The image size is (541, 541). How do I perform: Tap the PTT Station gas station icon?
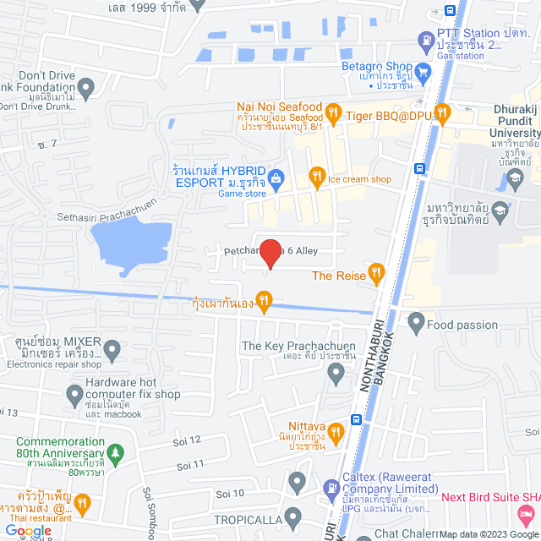(x=425, y=40)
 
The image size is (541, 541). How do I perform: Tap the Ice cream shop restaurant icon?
(x=317, y=176)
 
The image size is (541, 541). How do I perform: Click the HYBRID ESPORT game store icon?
(x=278, y=176)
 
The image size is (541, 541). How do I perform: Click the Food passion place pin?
(x=415, y=322)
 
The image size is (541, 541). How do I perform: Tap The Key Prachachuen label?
(x=287, y=346)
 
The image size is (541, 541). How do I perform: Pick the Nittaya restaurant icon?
(x=335, y=433)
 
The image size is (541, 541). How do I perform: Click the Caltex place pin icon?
(x=297, y=483)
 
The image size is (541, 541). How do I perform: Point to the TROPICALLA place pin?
(x=292, y=516)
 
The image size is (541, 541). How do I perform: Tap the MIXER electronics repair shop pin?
(x=113, y=348)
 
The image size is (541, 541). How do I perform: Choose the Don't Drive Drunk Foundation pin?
(x=85, y=85)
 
